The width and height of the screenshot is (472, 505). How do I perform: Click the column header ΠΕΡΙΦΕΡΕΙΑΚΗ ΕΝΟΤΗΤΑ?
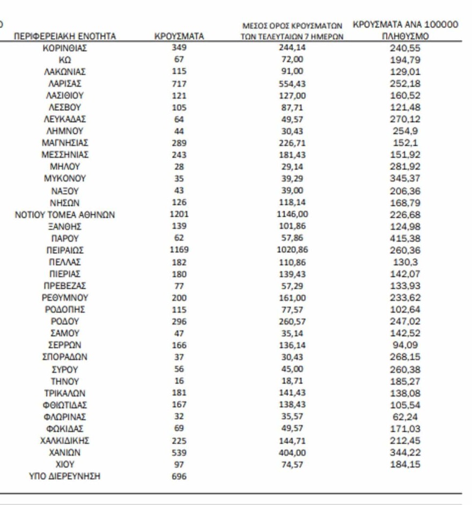pos(65,36)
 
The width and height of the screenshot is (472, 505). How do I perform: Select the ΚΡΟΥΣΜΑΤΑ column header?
pos(179,36)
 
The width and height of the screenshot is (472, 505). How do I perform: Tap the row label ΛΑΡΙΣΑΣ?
pos(65,84)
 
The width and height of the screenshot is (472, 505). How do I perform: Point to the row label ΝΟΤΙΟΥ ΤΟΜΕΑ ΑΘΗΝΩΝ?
pos(65,215)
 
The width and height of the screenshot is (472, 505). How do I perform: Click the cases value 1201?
pos(179,215)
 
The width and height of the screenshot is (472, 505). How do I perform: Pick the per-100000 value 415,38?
pos(405,238)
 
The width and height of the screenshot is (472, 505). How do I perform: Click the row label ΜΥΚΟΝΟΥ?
pos(65,179)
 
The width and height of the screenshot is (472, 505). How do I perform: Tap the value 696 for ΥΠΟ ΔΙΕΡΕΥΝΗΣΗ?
pos(179,476)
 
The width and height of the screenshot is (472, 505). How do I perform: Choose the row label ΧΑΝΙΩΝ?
pos(65,452)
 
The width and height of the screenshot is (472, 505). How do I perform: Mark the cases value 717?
pos(179,84)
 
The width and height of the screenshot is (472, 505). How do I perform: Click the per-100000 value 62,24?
pos(405,416)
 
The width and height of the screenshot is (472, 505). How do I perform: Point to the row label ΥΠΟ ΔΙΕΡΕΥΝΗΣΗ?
pos(65,476)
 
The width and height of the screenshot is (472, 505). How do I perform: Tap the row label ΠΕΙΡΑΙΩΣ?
pos(65,250)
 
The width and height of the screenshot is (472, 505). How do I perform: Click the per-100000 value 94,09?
pos(405,345)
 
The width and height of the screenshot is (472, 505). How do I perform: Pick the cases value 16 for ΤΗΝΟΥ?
pos(179,381)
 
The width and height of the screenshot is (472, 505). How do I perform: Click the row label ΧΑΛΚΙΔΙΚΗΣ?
pos(65,441)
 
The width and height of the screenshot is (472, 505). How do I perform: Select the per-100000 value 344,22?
pos(405,452)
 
